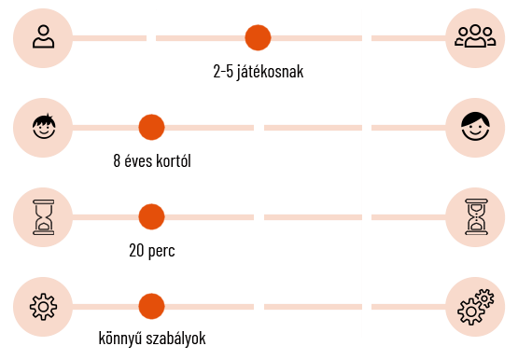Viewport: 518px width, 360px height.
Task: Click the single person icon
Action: pyautogui.click(x=43, y=38)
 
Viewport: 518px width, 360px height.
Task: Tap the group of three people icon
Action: pyautogui.click(x=475, y=38)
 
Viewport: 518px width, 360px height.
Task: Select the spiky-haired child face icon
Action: pyautogui.click(x=43, y=128)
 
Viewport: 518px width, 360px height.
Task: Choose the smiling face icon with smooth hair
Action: pyautogui.click(x=475, y=128)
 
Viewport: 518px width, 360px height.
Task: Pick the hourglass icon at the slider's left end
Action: pyautogui.click(x=43, y=217)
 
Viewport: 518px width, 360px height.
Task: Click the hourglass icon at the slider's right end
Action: pyautogui.click(x=475, y=217)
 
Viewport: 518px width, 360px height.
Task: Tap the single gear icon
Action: pyautogui.click(x=43, y=307)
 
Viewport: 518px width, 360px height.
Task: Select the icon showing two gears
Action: pyautogui.click(x=475, y=307)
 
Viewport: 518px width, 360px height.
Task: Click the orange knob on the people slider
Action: pyautogui.click(x=258, y=38)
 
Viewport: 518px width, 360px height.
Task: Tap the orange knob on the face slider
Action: pyautogui.click(x=151, y=128)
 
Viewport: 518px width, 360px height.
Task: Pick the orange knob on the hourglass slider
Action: pyautogui.click(x=151, y=217)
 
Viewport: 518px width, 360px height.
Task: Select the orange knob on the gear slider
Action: pyautogui.click(x=151, y=307)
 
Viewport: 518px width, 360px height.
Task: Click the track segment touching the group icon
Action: pyautogui.click(x=408, y=38)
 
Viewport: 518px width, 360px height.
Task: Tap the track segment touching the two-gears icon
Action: pyautogui.click(x=408, y=307)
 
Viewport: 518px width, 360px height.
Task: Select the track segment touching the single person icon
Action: pyautogui.click(x=107, y=38)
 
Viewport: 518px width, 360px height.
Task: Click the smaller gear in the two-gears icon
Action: pyautogui.click(x=483, y=298)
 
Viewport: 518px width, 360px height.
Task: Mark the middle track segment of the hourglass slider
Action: pyautogui.click(x=312, y=217)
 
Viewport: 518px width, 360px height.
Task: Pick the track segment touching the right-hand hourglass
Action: pyautogui.click(x=408, y=217)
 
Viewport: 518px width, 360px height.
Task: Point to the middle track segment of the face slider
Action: pyautogui.click(x=312, y=128)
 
